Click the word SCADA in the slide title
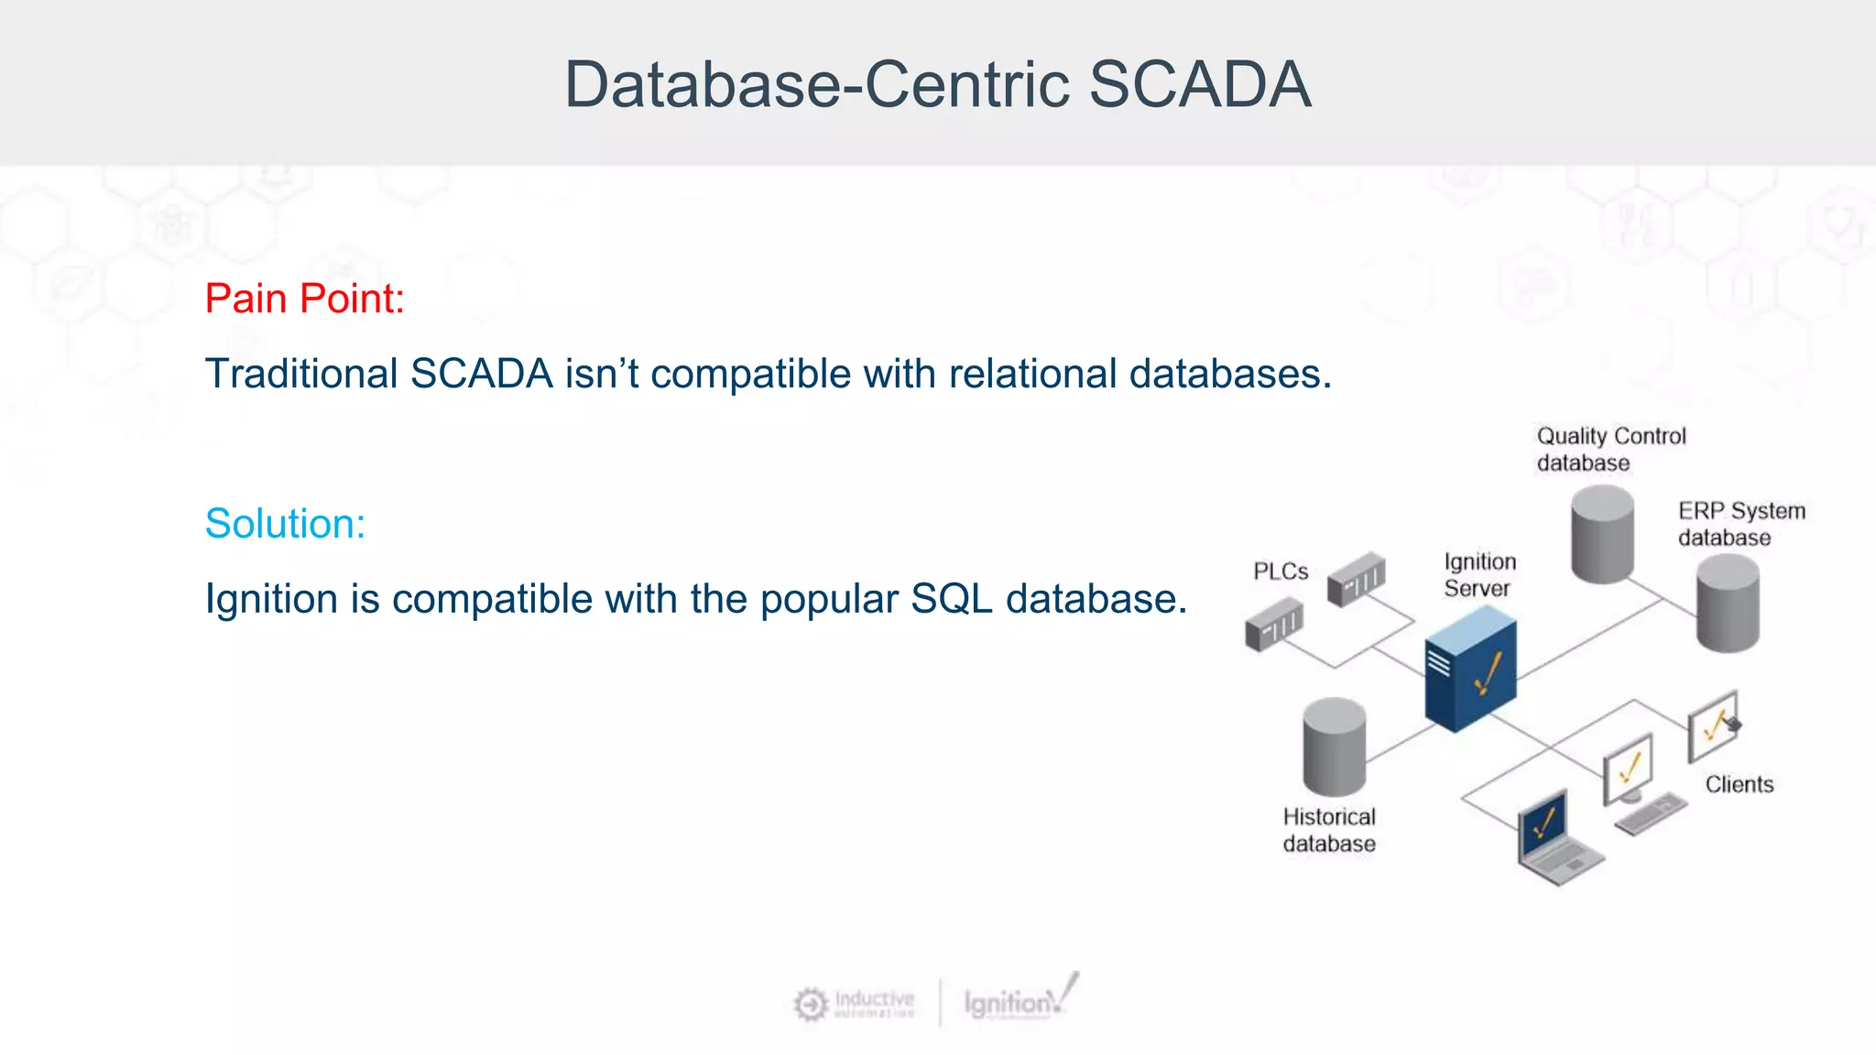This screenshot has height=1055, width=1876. [x=1200, y=84]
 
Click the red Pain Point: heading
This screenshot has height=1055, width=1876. [x=304, y=299]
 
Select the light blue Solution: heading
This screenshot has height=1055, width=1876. [x=285, y=524]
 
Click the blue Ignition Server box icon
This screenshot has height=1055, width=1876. [x=1469, y=670]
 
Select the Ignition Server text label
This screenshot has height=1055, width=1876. [x=1479, y=574]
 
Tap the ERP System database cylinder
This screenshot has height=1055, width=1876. [x=1727, y=604]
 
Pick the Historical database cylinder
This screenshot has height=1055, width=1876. [x=1334, y=746]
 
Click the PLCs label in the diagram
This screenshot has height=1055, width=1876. [x=1280, y=571]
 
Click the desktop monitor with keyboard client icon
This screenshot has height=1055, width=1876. [x=1635, y=783]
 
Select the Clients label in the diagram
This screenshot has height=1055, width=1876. [x=1739, y=784]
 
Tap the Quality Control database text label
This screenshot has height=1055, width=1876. [x=1609, y=449]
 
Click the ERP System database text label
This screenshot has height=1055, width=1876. [x=1740, y=524]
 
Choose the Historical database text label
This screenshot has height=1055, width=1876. [x=1328, y=830]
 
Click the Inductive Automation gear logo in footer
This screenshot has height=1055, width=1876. [x=811, y=1004]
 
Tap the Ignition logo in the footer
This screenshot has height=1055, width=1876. [x=1020, y=1000]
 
